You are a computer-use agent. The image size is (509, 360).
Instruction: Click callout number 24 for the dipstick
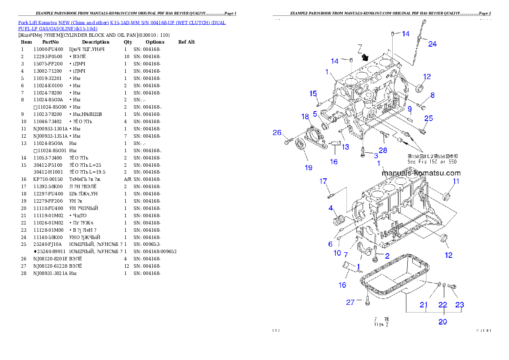coord(432,44)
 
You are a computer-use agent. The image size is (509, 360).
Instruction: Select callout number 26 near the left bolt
coord(277,133)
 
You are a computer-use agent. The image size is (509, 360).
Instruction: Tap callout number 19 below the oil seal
coord(308,168)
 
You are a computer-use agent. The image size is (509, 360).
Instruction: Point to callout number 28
coord(383,150)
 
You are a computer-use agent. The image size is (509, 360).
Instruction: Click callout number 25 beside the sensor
coord(428,118)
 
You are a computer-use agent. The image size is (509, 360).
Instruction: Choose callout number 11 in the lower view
coord(456,181)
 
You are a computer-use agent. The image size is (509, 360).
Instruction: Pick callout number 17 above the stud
coord(323,181)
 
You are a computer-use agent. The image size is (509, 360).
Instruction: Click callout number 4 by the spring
coord(331,208)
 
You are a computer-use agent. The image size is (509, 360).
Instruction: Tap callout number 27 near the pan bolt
coord(351,302)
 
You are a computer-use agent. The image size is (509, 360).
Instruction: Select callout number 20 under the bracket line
coord(442,322)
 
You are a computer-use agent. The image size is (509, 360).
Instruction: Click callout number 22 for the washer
coord(442,305)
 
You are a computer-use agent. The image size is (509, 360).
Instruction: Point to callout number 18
coord(305,116)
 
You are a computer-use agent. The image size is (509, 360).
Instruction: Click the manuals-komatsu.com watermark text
coord(421,173)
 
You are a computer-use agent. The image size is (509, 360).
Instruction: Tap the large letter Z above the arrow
coord(360,47)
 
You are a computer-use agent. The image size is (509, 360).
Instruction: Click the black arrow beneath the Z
coord(365,57)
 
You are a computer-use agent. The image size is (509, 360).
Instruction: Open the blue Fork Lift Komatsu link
coord(122,26)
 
